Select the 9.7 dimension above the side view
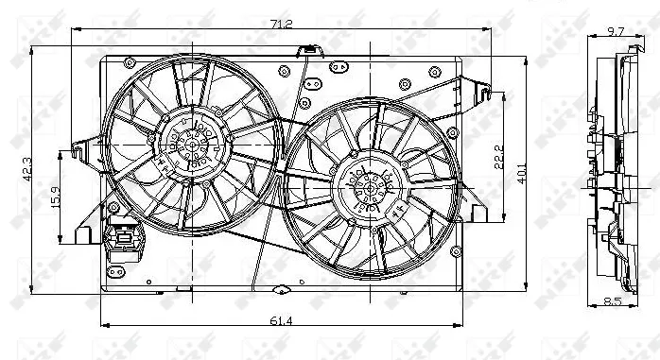[615, 31]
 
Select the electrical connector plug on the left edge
[124, 242]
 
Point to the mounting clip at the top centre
[308, 51]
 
